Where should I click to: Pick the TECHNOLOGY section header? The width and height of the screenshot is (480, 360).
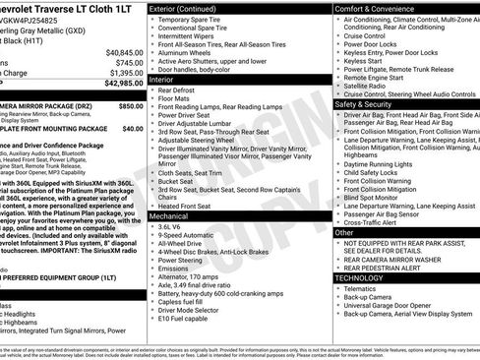(x=359, y=277)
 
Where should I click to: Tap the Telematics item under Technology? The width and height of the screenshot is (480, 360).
(x=368, y=289)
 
